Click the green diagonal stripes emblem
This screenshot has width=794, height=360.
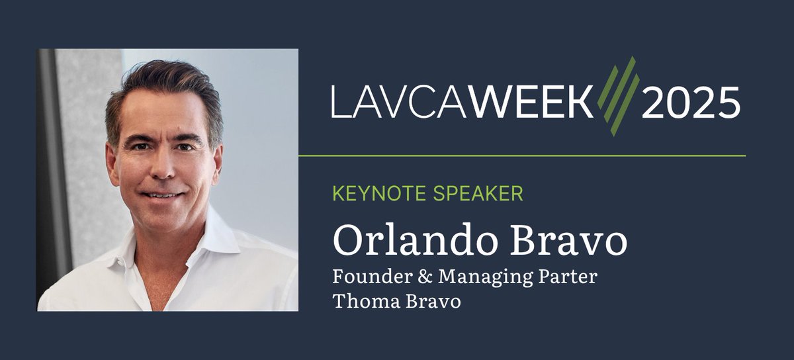pos(617,96)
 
